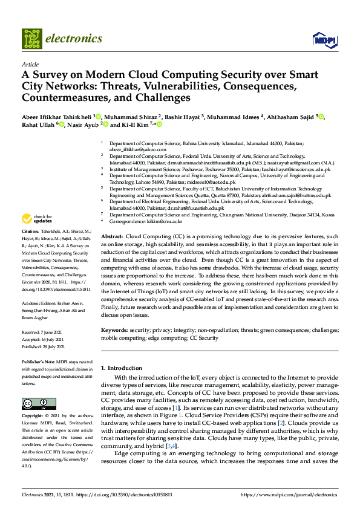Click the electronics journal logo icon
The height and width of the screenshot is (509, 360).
click(34, 39)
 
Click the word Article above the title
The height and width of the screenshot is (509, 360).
click(30, 63)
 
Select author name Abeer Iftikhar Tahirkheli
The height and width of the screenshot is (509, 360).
click(61, 116)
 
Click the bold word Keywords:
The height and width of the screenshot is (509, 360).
click(115, 331)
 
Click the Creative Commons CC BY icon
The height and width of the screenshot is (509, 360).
click(35, 404)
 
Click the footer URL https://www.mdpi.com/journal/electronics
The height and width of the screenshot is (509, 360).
click(288, 495)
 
